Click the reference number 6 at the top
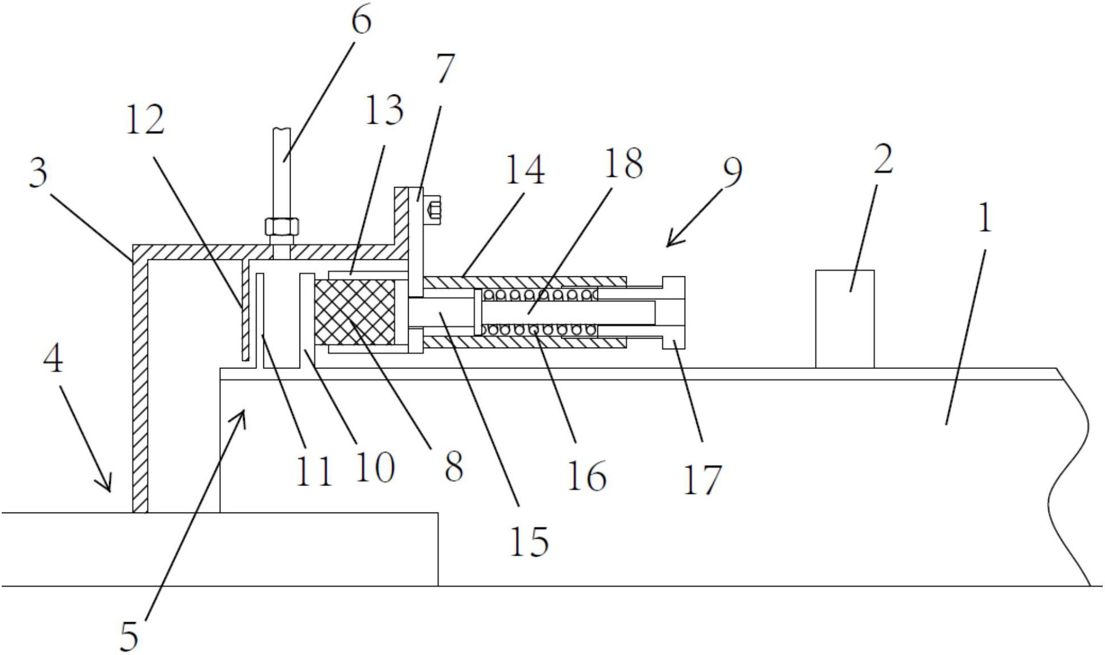click(x=362, y=21)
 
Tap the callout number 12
click(x=145, y=119)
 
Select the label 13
click(x=384, y=110)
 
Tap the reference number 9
click(x=732, y=172)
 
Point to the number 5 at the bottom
click(x=129, y=636)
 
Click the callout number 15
click(x=528, y=541)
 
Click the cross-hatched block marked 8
click(x=355, y=313)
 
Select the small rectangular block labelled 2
click(x=845, y=319)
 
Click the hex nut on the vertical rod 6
click(x=281, y=227)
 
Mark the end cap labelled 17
click(x=673, y=313)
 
